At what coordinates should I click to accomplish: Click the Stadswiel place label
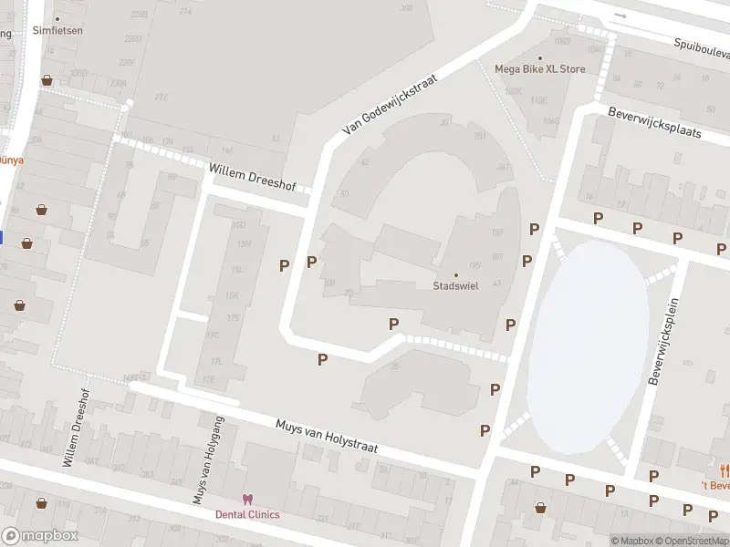(456, 285)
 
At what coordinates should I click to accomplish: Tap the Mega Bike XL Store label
(539, 68)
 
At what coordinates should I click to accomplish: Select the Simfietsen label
(57, 30)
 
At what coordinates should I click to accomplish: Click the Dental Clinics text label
(247, 514)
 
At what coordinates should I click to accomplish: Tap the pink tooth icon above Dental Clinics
(246, 500)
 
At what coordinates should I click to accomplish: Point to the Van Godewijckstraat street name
(390, 105)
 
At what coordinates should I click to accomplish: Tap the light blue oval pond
(589, 346)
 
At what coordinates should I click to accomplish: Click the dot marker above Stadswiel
(456, 274)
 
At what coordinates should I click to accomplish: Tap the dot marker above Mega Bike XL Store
(539, 57)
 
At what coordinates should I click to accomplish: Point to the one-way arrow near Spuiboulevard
(620, 15)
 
